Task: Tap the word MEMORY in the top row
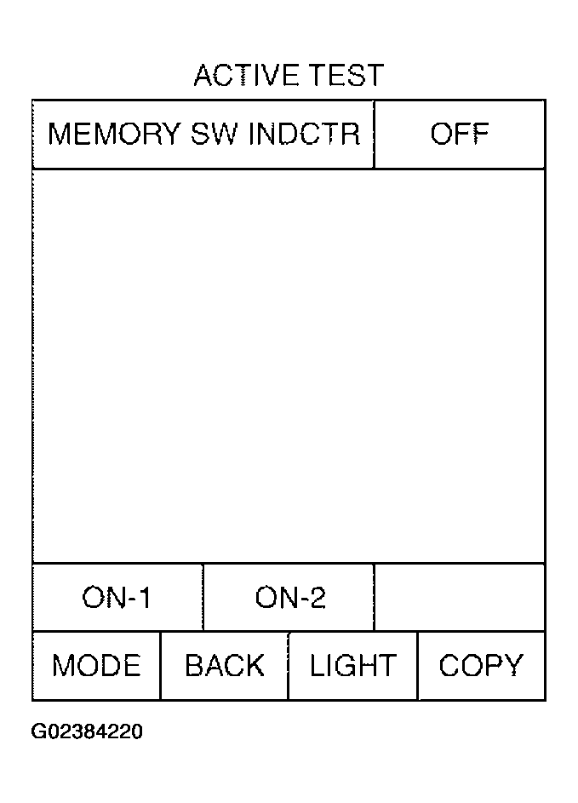(114, 134)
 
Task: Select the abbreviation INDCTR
(305, 134)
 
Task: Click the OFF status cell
(460, 135)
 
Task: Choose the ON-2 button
(289, 597)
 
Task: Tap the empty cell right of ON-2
(460, 597)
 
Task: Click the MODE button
(96, 666)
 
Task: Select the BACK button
(225, 666)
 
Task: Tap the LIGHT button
(353, 666)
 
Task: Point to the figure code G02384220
(87, 731)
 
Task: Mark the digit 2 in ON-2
(318, 597)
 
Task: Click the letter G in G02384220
(38, 731)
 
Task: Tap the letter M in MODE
(63, 665)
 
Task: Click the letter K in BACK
(255, 665)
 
